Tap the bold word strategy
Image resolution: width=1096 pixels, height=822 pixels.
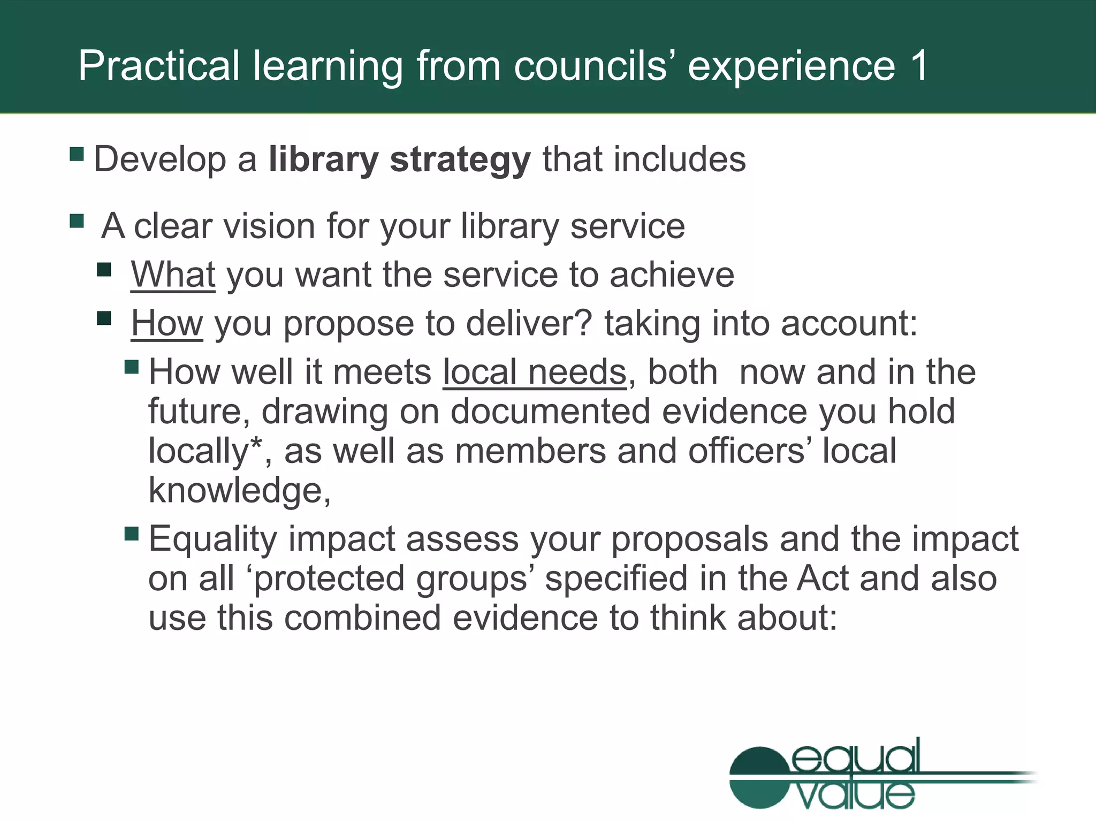pos(460,159)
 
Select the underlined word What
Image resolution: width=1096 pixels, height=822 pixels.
pos(173,275)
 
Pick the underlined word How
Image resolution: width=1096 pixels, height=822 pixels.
pos(167,323)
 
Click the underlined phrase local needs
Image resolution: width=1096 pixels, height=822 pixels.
pos(534,372)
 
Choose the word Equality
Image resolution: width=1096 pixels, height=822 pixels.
pos(212,538)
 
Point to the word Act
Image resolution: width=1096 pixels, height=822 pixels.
pos(822,578)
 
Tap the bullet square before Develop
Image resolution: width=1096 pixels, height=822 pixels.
pos(77,155)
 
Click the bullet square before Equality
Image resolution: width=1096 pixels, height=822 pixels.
pos(132,534)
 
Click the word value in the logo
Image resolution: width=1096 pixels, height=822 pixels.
pos(855,795)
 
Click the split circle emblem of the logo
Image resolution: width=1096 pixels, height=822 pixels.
pos(759,777)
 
